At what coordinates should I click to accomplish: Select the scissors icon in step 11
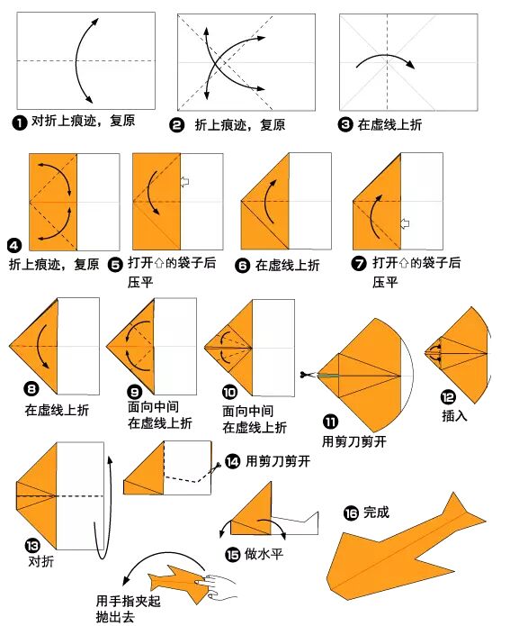coord(307,375)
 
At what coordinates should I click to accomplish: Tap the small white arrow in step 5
coord(185,182)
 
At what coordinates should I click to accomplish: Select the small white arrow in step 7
coord(405,222)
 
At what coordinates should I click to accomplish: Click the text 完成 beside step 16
coord(377,513)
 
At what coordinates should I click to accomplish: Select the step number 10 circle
coord(230,392)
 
